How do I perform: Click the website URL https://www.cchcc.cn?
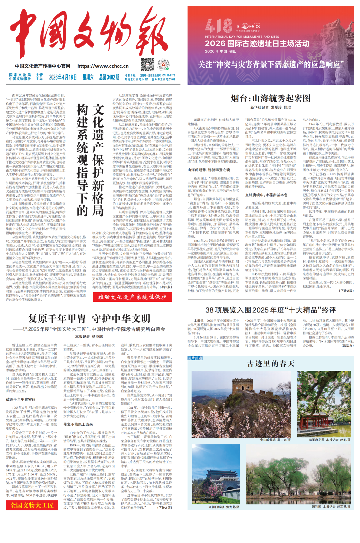point(103,66)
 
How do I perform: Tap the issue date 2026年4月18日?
point(63,77)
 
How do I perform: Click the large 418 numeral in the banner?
point(218,26)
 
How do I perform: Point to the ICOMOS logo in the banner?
point(248,26)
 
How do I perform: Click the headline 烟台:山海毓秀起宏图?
point(271,98)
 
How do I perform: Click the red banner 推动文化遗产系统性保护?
point(132,297)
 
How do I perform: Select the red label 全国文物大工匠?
point(32,505)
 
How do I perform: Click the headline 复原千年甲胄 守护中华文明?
point(89,318)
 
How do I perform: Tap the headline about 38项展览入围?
point(270,310)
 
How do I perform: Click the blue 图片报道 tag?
point(195,358)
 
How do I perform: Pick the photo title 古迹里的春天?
point(271,364)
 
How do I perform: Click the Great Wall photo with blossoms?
point(241,404)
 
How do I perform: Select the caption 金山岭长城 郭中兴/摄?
point(275,440)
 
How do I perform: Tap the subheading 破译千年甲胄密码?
point(21,399)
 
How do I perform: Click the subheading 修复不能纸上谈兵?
point(78,424)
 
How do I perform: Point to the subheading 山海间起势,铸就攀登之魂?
point(209,170)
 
